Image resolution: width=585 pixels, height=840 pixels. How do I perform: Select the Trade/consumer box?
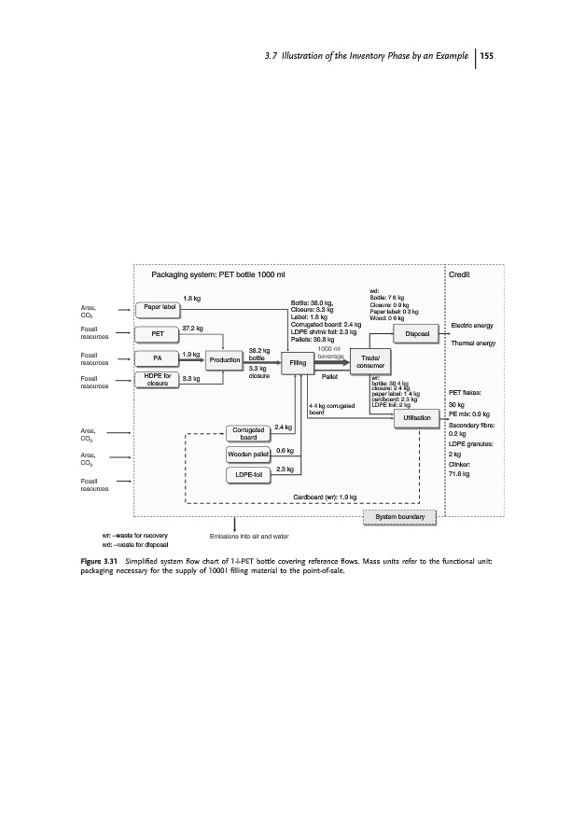coord(362,360)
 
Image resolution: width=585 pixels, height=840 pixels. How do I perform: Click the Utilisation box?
coord(411,419)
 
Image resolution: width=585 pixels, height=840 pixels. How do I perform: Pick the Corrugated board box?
coord(248,433)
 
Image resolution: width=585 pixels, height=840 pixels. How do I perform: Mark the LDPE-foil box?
coord(248,475)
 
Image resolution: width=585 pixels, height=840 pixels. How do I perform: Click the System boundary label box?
coord(399,516)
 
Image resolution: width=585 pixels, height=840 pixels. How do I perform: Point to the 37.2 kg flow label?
coord(193,329)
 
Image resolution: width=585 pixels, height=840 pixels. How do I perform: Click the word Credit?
coord(460,276)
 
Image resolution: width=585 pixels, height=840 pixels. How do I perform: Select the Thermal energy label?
coord(473,343)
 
